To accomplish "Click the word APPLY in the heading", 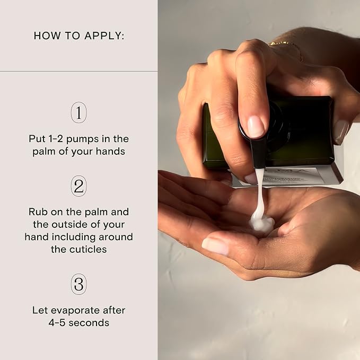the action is (104, 36).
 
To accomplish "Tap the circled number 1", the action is (79, 112).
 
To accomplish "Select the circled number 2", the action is (79, 186).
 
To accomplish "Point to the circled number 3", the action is (79, 284).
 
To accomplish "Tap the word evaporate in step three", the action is (75, 311).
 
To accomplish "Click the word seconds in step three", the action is (89, 323).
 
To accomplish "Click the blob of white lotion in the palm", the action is (262, 222).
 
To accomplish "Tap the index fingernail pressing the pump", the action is (256, 127).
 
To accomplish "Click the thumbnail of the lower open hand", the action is (215, 245).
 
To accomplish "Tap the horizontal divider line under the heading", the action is (79, 71).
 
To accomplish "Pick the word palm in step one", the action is (44, 152).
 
